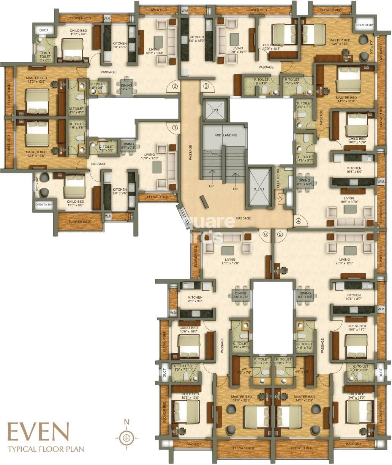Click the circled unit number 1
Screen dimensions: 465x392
[175, 128]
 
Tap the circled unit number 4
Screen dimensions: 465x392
[299, 221]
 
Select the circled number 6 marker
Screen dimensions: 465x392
[265, 234]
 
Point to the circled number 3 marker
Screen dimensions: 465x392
[206, 86]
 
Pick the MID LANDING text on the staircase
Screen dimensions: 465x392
[226, 135]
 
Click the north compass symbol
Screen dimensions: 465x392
[127, 438]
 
